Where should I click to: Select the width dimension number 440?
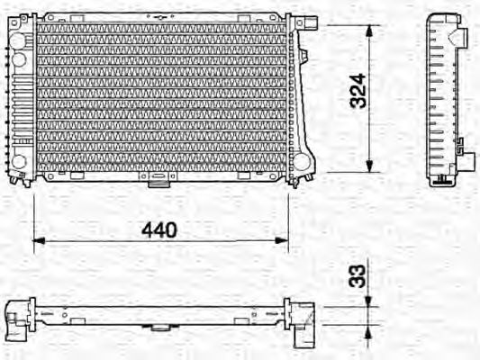159,229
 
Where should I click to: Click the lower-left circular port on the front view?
18,162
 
